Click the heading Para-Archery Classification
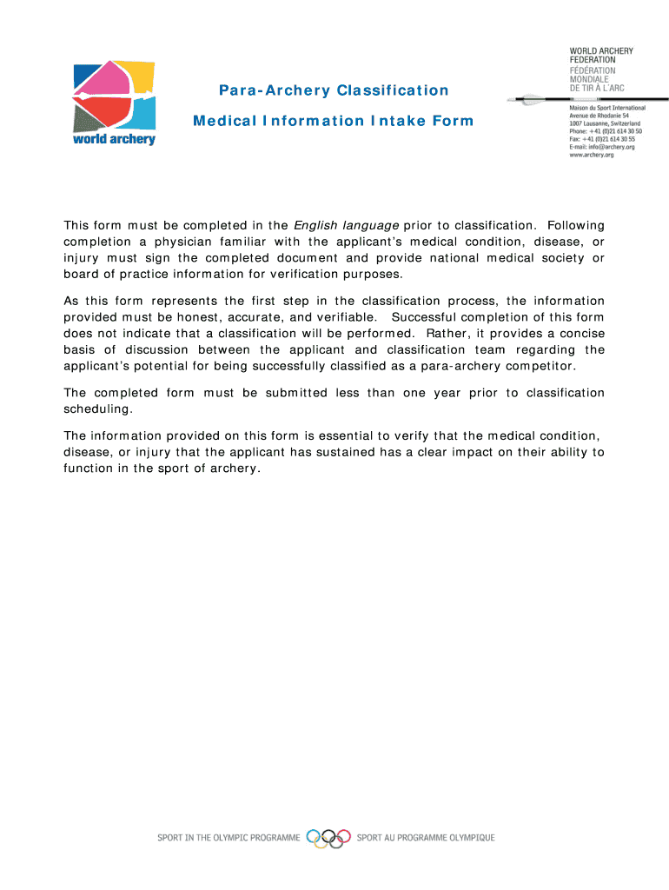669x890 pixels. click(x=334, y=90)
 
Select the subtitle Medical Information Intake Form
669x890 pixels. click(x=334, y=121)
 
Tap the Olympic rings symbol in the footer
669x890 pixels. click(x=329, y=837)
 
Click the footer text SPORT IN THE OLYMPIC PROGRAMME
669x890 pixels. click(x=228, y=838)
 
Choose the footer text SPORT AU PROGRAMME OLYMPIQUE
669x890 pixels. click(x=426, y=838)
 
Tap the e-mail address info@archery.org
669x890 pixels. click(x=602, y=147)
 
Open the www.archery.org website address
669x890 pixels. click(x=592, y=155)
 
